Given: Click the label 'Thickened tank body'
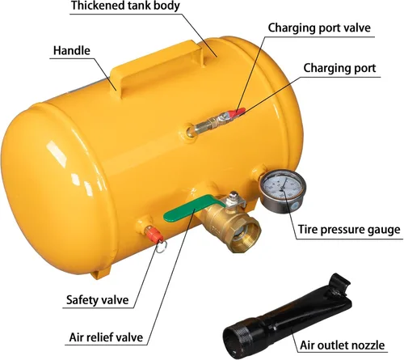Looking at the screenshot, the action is [125, 6].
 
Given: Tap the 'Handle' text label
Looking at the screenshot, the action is [72, 51].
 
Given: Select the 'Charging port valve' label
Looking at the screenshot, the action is [319, 28].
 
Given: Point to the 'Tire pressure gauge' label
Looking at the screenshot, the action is [349, 230].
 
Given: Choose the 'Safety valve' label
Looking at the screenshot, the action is [98, 300].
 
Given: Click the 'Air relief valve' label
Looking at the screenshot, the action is [106, 337].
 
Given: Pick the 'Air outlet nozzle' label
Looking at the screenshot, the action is [343, 345].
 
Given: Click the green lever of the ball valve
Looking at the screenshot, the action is [192, 208].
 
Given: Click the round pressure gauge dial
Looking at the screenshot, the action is [282, 188].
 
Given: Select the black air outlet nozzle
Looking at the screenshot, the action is [288, 316].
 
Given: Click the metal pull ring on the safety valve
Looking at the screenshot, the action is [162, 247].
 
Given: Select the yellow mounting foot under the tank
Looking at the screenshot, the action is [102, 273].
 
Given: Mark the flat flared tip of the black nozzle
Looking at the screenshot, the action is [340, 285].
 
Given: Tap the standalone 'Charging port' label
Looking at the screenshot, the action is [339, 68].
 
